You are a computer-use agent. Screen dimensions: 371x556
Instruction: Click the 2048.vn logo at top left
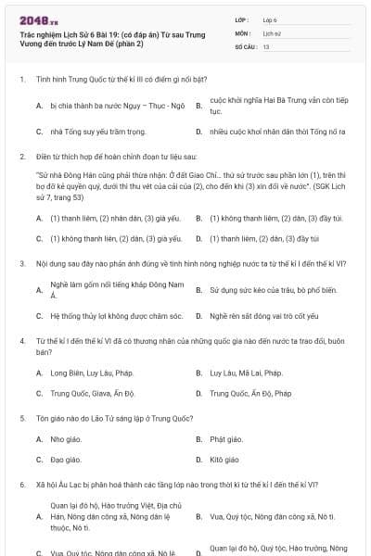(39, 19)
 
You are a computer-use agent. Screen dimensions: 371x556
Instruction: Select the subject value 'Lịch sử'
(272, 32)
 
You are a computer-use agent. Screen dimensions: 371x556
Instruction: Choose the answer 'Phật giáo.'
(226, 439)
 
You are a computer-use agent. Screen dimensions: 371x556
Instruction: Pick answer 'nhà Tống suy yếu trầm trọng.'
(97, 132)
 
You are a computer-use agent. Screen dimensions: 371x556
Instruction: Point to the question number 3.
(21, 264)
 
